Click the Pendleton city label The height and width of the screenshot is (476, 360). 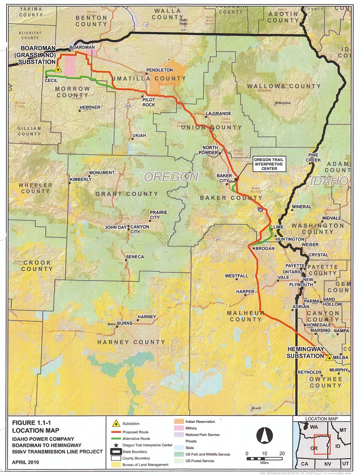click(162, 70)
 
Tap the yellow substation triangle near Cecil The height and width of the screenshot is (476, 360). click(58, 69)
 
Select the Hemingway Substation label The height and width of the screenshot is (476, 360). click(305, 353)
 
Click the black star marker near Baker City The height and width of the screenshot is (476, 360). click(236, 179)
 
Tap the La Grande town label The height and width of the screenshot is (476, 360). click(218, 113)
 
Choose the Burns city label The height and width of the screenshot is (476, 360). click(124, 323)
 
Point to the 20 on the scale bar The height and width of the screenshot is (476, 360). click(282, 454)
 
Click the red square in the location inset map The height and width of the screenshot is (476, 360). click(322, 444)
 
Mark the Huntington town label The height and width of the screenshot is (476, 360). click(290, 239)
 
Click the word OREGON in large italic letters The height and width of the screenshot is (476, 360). click(171, 177)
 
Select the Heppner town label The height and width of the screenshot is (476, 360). click(91, 107)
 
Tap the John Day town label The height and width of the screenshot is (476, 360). click(115, 227)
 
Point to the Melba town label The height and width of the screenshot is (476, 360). click(341, 358)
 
